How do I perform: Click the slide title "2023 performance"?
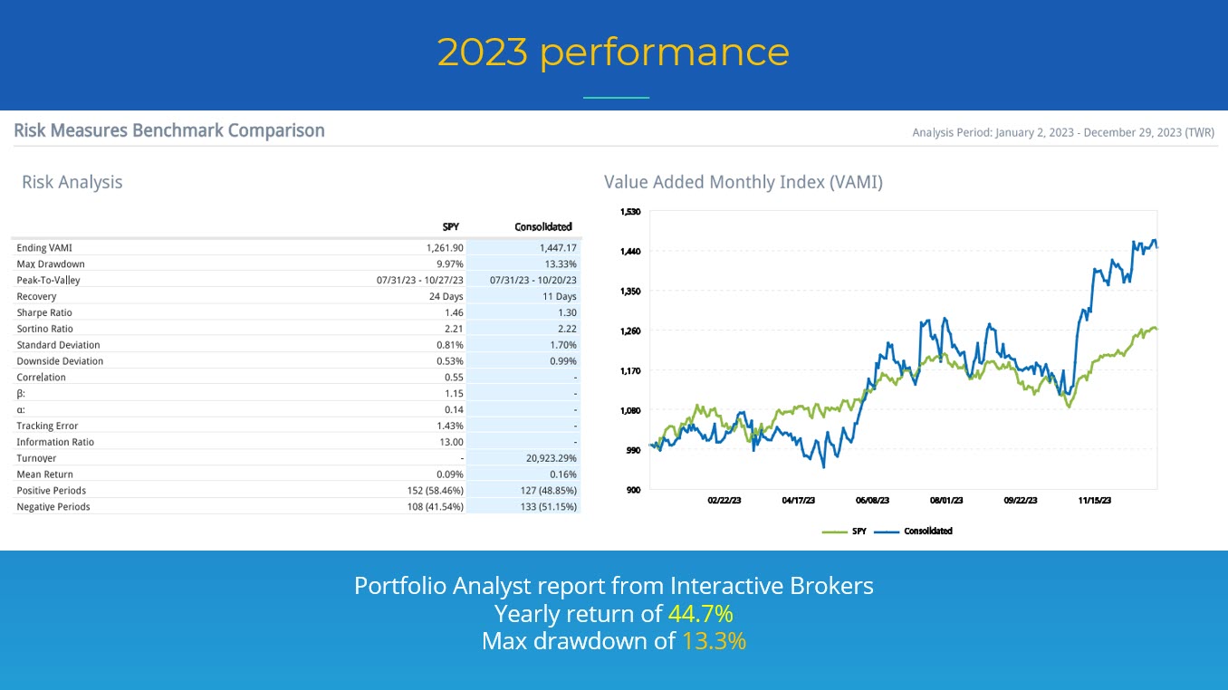613,52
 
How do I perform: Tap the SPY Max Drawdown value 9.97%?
450,264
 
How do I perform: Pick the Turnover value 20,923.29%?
545,458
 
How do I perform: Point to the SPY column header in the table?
451,226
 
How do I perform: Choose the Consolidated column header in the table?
542,226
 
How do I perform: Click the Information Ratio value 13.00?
451,442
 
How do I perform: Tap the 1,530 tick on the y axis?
629,212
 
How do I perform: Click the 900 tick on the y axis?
633,490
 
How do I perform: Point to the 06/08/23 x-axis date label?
872,500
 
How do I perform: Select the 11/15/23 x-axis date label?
1095,500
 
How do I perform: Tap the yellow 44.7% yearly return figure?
700,614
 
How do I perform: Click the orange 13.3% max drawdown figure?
714,641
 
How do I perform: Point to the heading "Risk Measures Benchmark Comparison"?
169,130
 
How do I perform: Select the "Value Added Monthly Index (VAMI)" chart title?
743,182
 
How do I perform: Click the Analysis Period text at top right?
1063,133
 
